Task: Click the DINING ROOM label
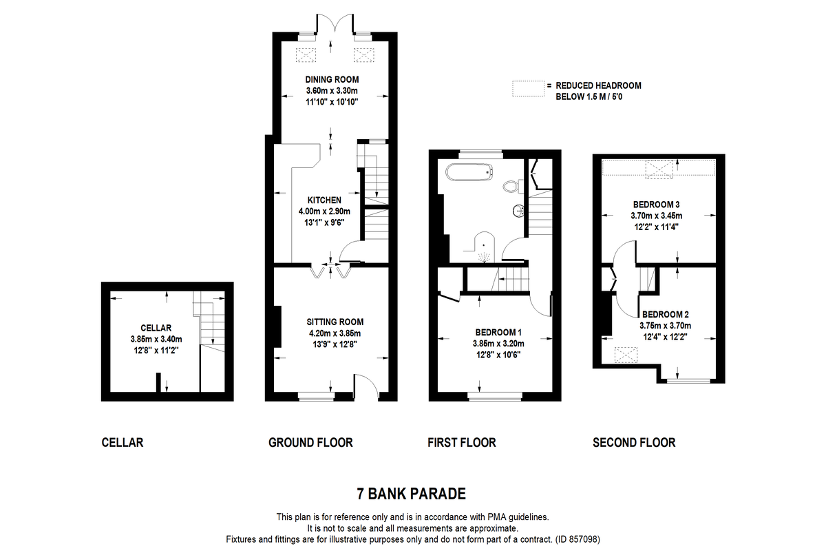pyautogui.click(x=332, y=80)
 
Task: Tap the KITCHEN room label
pyautogui.click(x=324, y=200)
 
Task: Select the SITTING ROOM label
pyautogui.click(x=335, y=322)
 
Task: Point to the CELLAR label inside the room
pyautogui.click(x=156, y=328)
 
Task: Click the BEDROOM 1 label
pyautogui.click(x=498, y=332)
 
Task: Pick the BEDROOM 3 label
pyautogui.click(x=657, y=205)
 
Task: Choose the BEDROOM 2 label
pyautogui.click(x=666, y=315)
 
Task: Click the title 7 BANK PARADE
pyautogui.click(x=411, y=494)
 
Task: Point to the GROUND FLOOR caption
pyautogui.click(x=310, y=442)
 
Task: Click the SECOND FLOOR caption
pyautogui.click(x=634, y=442)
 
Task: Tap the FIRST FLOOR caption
pyautogui.click(x=461, y=442)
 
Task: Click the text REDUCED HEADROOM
pyautogui.click(x=598, y=85)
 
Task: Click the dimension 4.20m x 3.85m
pyautogui.click(x=335, y=333)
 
